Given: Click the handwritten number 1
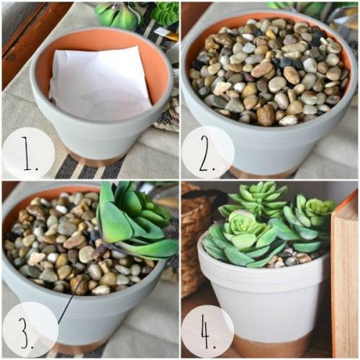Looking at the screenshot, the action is coord(29,153).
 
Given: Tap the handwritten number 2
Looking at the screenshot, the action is coord(207,153).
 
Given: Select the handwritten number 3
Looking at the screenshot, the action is coord(26,332).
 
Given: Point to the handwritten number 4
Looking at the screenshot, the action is coord(207,332).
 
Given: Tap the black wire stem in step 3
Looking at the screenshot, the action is coord(71,297).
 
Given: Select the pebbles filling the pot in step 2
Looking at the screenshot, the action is coord(269,72).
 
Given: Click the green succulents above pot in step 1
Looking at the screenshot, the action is coord(137,14).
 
